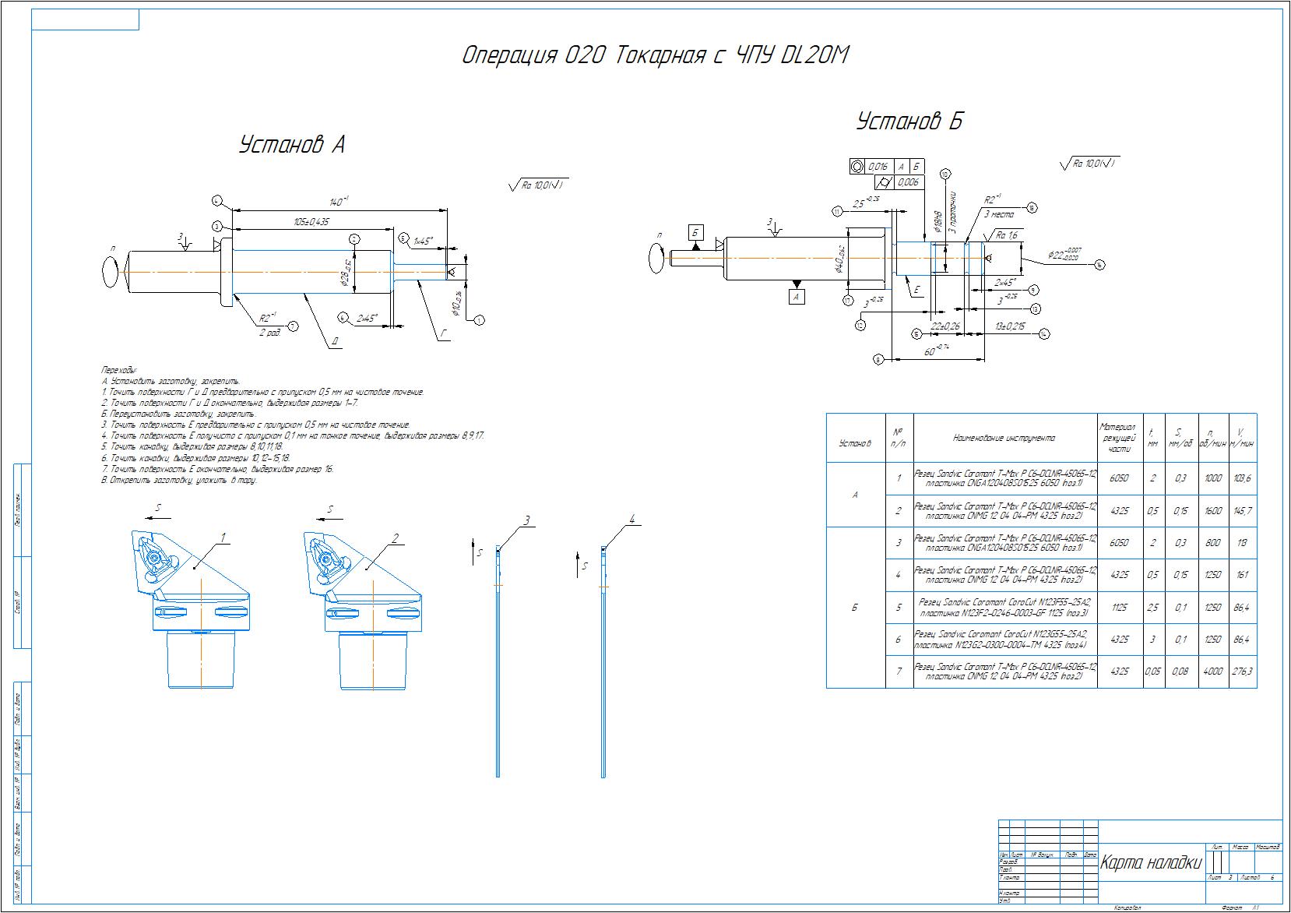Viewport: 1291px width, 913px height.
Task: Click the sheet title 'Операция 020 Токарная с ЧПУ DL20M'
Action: [655, 56]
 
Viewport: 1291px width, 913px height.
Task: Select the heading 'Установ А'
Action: [292, 145]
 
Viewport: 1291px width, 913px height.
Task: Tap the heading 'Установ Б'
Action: [909, 122]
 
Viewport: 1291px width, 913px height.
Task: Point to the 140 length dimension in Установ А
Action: [338, 202]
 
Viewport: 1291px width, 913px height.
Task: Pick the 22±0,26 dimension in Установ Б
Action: [945, 326]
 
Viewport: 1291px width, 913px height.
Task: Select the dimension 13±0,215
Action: [1010, 326]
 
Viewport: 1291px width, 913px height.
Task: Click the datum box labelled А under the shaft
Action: [795, 297]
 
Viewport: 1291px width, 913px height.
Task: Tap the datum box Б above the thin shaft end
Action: [696, 232]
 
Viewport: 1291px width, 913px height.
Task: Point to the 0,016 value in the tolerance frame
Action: [878, 167]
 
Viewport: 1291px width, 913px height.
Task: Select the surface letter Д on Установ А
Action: [333, 340]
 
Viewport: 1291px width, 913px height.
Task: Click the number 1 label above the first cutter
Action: [223, 538]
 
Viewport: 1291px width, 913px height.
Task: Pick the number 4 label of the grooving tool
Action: [632, 520]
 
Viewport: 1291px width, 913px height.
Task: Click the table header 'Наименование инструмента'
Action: [1004, 439]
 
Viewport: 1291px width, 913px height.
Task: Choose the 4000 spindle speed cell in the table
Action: [1212, 672]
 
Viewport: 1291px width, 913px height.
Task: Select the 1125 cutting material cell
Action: [1120, 607]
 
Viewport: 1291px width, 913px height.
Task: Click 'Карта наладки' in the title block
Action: [1150, 863]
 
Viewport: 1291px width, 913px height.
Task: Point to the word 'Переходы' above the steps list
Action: [119, 368]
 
